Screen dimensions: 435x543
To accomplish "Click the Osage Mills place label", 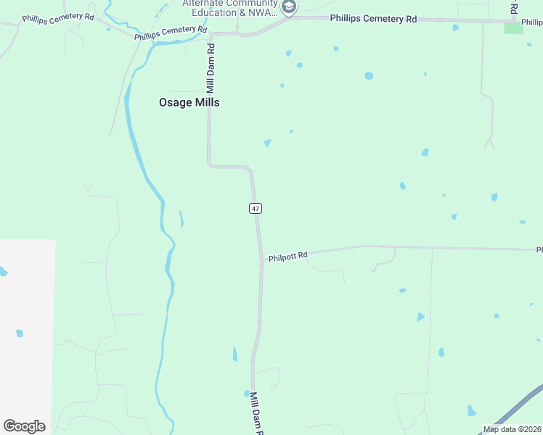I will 189,103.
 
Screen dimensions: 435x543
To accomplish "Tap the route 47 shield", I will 255,209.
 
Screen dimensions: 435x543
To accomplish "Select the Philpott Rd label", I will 288,256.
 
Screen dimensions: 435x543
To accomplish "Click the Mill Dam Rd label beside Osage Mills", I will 211,68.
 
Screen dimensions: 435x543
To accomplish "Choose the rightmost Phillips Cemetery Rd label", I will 373,19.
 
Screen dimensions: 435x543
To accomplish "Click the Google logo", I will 24,426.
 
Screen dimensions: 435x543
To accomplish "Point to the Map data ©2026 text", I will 513,429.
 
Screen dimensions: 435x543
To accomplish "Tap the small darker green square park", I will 513,28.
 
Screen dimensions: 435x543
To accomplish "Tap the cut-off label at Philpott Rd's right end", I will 539,250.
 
